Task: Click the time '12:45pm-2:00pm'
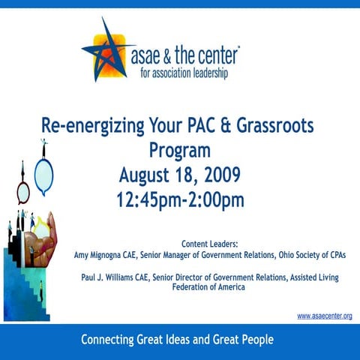point(180,200)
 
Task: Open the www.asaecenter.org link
point(324,316)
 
